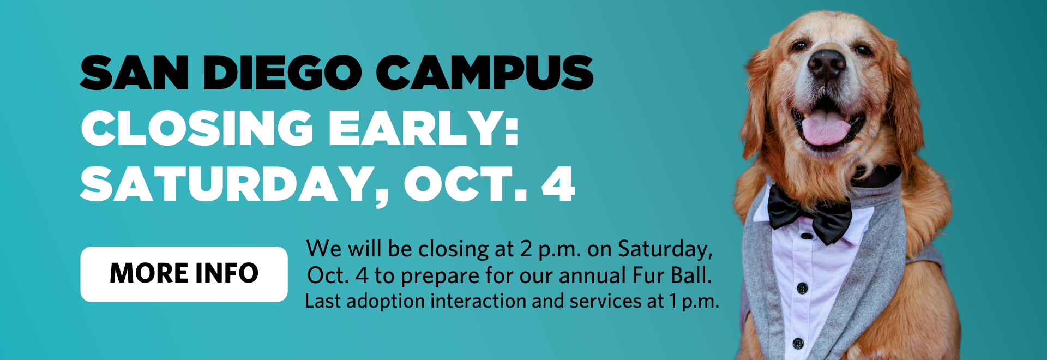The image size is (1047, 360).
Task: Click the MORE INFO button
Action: [184, 274]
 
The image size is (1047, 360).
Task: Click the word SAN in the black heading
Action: [134, 73]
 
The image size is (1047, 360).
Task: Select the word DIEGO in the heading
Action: [282, 73]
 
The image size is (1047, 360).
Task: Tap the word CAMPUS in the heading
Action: [485, 73]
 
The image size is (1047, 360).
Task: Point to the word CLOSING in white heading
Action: [197, 128]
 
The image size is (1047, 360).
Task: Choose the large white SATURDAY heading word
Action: [233, 184]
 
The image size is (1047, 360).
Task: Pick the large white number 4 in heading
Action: [558, 184]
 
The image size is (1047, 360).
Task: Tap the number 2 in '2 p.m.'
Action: [526, 249]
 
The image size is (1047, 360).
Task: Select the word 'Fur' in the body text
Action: [648, 275]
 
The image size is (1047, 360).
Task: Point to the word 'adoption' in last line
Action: [385, 302]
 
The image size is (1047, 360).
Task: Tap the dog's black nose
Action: [826, 63]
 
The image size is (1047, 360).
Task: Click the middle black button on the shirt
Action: [802, 289]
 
